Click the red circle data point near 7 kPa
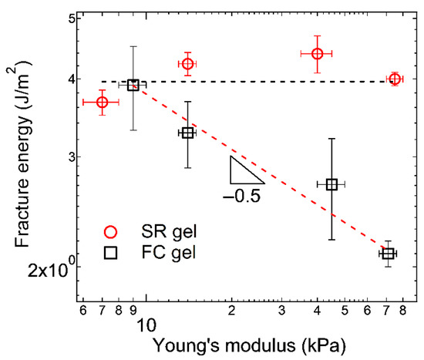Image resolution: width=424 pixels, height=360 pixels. [x=102, y=103]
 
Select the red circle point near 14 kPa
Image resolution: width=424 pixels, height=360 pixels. [x=187, y=63]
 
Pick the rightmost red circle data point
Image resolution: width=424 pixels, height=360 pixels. [x=395, y=79]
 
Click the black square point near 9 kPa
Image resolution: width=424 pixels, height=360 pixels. [x=133, y=86]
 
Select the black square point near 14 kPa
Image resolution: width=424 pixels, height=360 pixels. [x=187, y=133]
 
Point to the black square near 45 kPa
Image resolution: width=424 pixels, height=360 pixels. [x=331, y=184]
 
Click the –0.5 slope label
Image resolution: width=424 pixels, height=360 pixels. [x=242, y=196]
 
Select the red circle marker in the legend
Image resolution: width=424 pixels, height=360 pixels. [x=111, y=232]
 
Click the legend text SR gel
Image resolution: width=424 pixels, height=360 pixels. [x=164, y=232]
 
